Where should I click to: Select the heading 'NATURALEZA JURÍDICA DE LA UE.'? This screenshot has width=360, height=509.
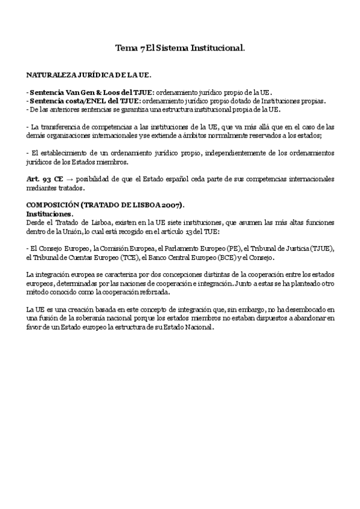click(89, 76)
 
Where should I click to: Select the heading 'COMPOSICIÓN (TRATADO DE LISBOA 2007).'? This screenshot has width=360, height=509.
click(106, 205)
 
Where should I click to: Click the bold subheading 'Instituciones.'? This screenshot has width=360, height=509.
click(50, 214)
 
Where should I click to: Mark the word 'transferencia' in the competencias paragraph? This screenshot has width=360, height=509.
click(63, 127)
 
